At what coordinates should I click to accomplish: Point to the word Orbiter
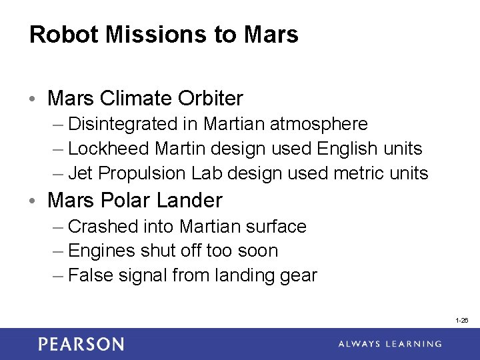[211, 99]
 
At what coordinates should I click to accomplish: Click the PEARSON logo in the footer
[81, 344]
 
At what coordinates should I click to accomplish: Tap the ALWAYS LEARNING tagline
[389, 344]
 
